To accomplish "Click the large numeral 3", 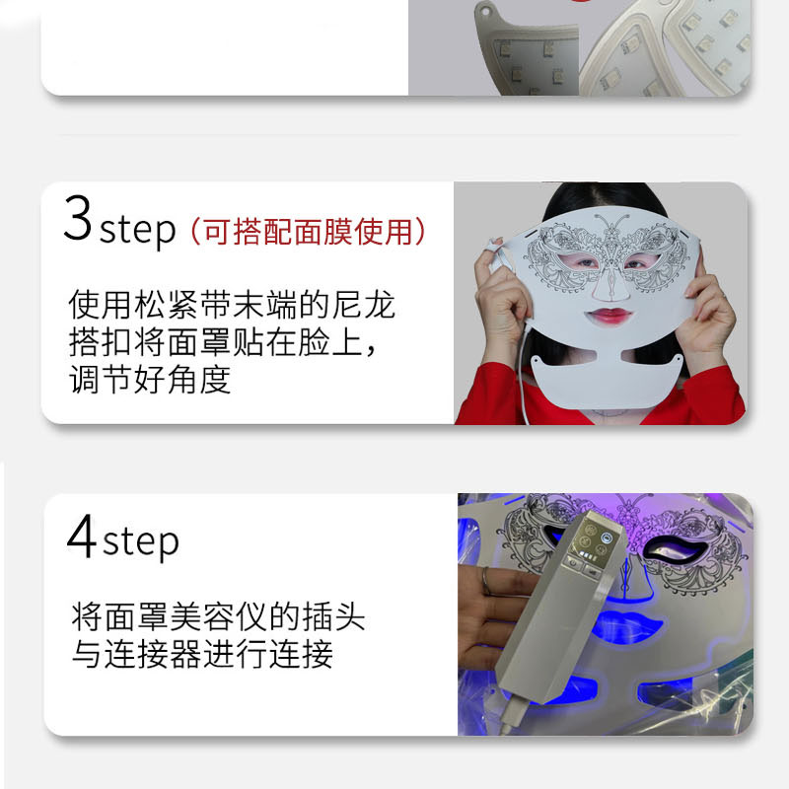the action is (78, 218).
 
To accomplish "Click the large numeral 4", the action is (81, 536).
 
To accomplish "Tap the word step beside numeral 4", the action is (141, 542).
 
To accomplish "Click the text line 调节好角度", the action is (150, 380).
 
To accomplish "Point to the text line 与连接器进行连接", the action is (202, 654).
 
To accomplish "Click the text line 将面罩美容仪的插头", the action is (218, 616).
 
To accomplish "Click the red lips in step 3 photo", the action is (609, 316).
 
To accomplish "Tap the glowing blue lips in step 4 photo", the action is (625, 625).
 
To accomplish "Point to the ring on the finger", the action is (485, 582).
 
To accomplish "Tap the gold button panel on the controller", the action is (593, 539).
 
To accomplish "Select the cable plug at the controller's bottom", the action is (512, 714).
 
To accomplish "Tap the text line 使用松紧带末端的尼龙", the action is (232, 305).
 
